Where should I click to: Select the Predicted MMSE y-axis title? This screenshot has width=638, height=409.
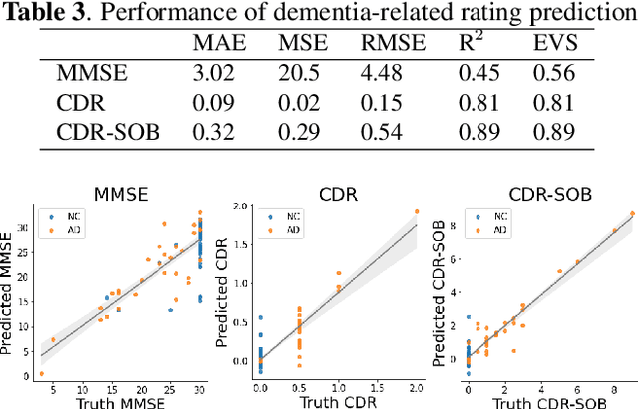coord(9,291)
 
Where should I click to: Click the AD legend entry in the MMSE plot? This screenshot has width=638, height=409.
coord(66,230)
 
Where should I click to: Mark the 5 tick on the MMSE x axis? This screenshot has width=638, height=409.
coord(53,386)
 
